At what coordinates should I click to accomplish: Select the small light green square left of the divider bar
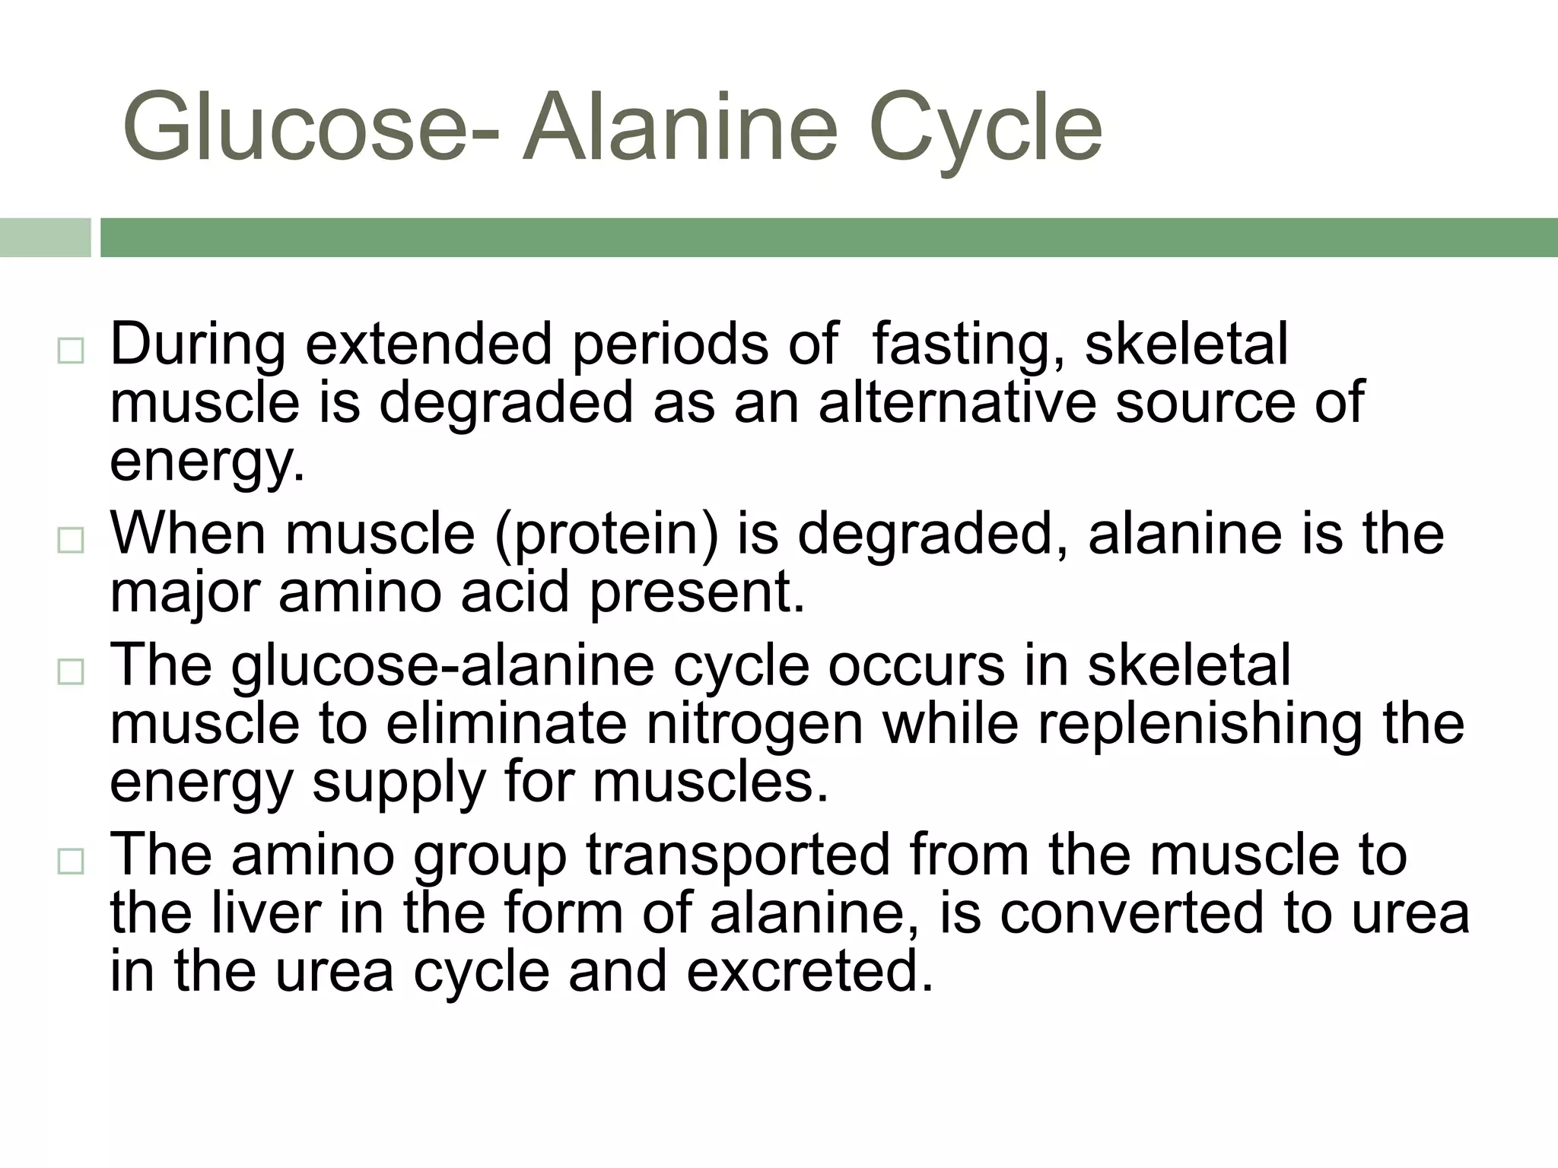click(x=45, y=237)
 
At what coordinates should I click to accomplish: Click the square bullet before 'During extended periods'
click(x=70, y=351)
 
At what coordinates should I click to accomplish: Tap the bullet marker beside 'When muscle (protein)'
click(x=70, y=541)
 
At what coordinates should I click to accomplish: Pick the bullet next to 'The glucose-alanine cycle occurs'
click(x=70, y=672)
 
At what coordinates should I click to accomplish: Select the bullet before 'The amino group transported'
click(x=70, y=862)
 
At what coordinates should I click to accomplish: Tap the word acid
click(x=514, y=592)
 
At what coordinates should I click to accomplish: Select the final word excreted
click(x=809, y=972)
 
